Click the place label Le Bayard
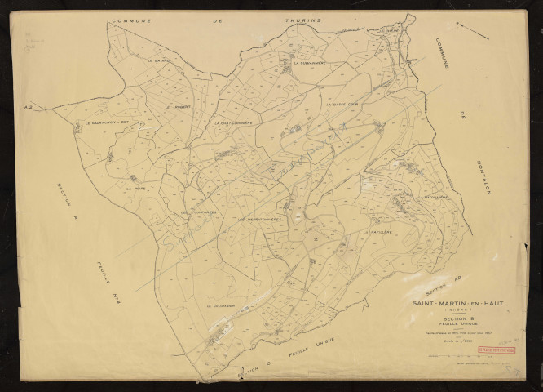(158, 60)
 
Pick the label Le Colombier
(220, 306)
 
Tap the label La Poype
(135, 188)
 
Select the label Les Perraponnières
(259, 220)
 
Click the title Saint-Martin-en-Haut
(458, 304)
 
